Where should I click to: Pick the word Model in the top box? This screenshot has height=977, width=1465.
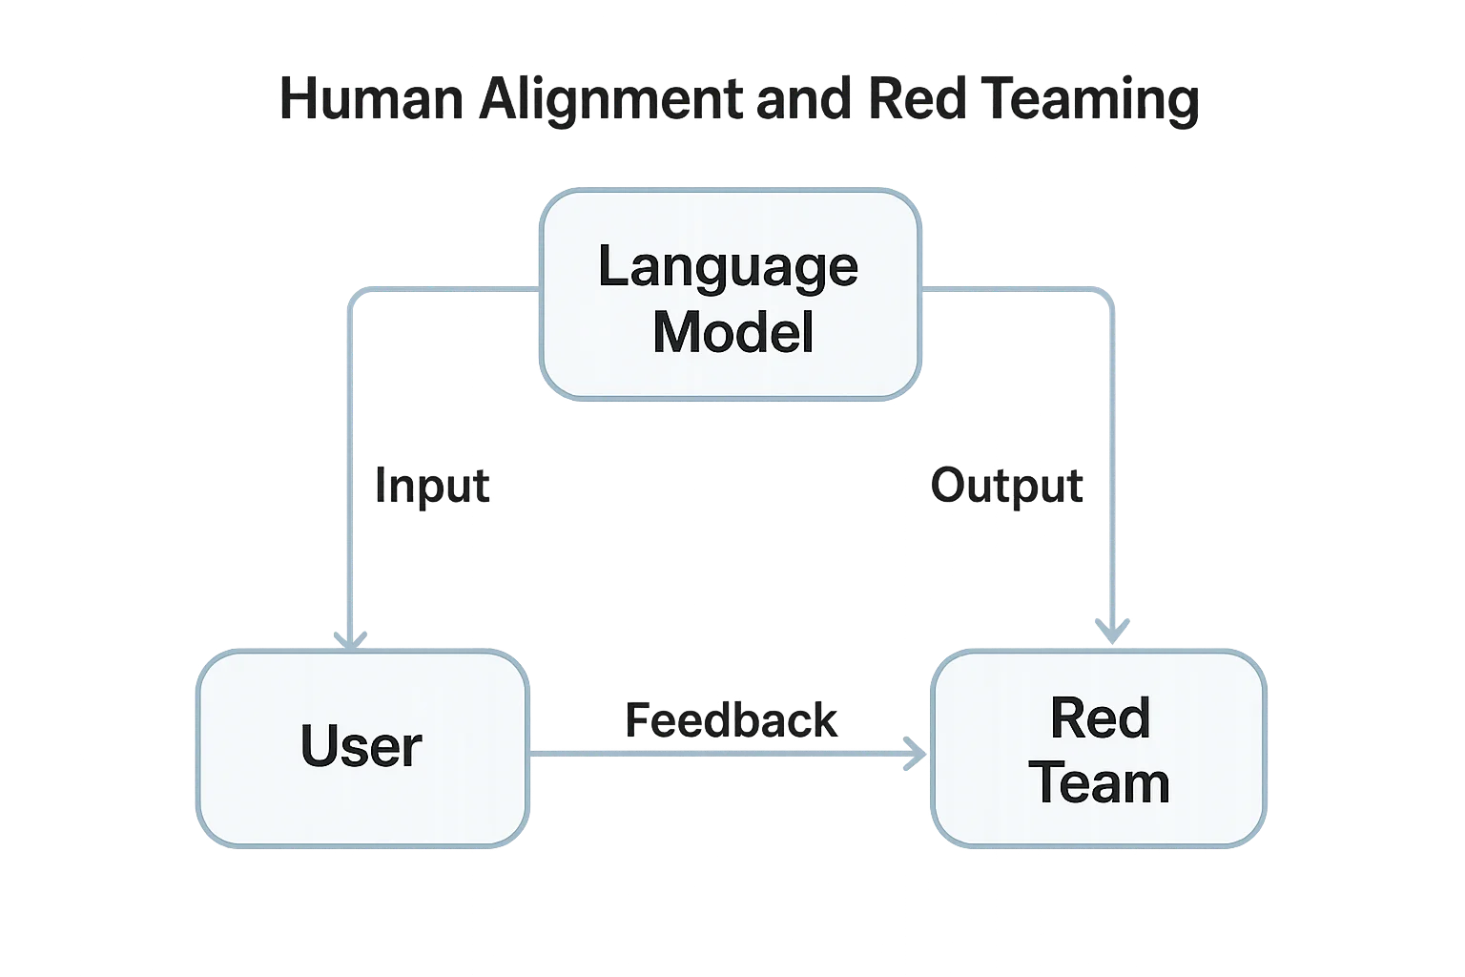(732, 333)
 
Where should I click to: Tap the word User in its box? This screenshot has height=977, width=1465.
(361, 746)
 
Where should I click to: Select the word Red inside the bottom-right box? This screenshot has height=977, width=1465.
(1100, 717)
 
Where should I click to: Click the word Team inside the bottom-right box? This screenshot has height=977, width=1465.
(1099, 783)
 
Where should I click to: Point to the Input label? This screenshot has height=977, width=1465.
(432, 486)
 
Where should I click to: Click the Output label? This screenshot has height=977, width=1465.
(1007, 486)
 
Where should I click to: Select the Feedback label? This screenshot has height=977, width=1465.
(732, 720)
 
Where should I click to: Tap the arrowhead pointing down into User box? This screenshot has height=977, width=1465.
(349, 636)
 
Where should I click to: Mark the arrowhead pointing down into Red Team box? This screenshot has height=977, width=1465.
(1112, 631)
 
